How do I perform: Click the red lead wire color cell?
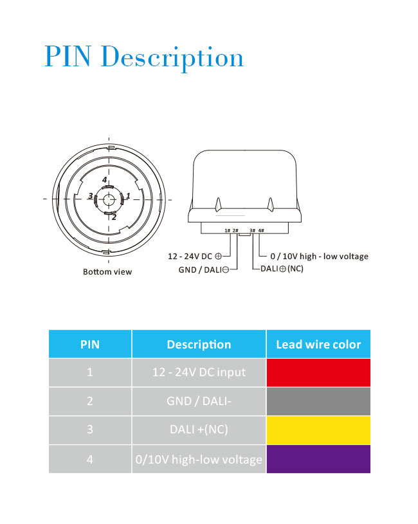pos(318,372)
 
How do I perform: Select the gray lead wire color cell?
pos(318,401)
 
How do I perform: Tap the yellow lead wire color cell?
pos(318,429)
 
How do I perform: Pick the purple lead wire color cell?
pos(318,459)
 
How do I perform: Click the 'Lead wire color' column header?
pos(318,344)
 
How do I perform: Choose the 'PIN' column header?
pos(90,344)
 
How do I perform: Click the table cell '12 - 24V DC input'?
pos(199,372)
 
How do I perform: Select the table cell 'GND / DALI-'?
pos(199,401)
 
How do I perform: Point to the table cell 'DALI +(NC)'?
pos(199,429)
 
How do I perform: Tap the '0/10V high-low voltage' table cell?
pos(199,459)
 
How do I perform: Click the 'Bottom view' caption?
pos(107,272)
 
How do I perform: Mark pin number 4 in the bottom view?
pos(105,180)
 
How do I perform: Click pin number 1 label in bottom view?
pos(128,195)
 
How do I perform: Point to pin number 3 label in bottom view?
pos(91,195)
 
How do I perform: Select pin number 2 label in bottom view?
pos(114,217)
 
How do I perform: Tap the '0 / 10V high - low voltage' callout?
pos(319,257)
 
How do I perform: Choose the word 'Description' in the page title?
pos(172,57)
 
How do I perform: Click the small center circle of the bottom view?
pos(108,199)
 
